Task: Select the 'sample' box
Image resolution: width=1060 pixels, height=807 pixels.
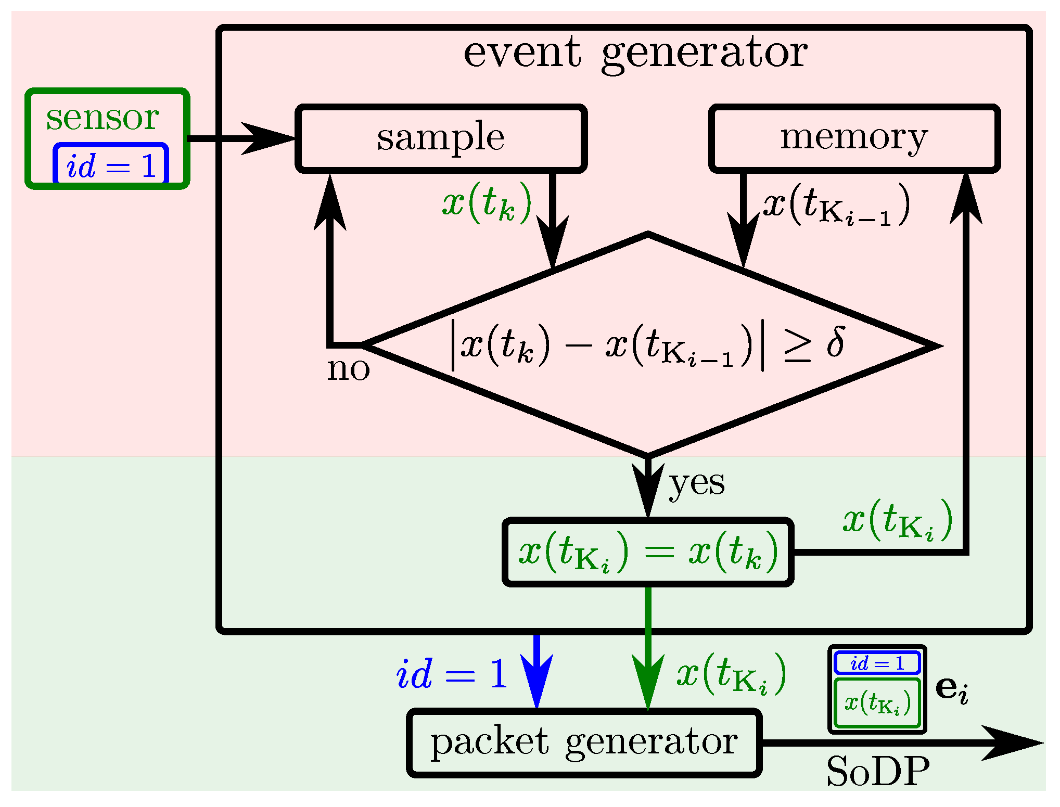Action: tap(441, 138)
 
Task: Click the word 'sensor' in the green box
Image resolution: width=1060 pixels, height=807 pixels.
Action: tap(103, 118)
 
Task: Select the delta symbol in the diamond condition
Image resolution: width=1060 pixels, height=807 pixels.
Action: tap(835, 342)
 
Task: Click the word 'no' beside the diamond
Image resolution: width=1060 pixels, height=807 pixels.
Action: tap(348, 369)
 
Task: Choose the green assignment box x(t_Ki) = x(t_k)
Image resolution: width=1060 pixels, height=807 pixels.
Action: tap(648, 553)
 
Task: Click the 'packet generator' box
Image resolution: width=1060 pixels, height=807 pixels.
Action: tap(584, 743)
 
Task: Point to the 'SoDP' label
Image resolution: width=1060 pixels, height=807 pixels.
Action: tap(877, 772)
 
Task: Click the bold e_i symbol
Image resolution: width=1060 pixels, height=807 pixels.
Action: tap(951, 689)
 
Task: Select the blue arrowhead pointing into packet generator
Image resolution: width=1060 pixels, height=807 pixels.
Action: tap(537, 682)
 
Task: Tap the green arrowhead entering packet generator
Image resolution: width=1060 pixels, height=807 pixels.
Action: tap(648, 682)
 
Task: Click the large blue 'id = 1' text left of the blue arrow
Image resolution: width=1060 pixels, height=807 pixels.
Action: tap(452, 674)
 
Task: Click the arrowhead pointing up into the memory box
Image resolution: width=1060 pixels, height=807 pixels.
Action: tap(966, 200)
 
